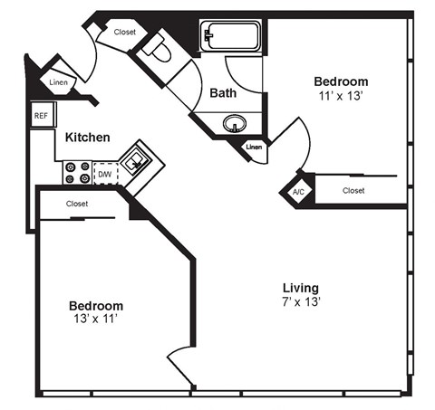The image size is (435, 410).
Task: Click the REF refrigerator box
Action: pyautogui.click(x=41, y=116)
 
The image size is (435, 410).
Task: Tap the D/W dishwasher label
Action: pyautogui.click(x=105, y=172)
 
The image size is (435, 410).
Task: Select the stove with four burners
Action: pyautogui.click(x=75, y=172)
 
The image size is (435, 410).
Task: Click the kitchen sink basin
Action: pyautogui.click(x=137, y=161)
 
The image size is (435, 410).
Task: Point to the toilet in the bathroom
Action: pyautogui.click(x=160, y=51)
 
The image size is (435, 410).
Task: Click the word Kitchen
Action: pyautogui.click(x=88, y=138)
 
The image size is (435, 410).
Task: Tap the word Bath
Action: pyautogui.click(x=223, y=92)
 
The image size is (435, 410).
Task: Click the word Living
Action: pyautogui.click(x=299, y=288)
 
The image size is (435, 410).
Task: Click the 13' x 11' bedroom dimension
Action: pyautogui.click(x=96, y=319)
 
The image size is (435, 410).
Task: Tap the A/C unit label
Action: pyautogui.click(x=298, y=192)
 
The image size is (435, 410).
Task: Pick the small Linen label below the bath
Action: pyautogui.click(x=254, y=146)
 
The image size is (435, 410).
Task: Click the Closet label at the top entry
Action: pyautogui.click(x=125, y=33)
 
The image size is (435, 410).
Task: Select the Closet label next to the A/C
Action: pyautogui.click(x=353, y=190)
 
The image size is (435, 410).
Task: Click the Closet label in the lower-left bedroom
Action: pyautogui.click(x=77, y=204)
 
